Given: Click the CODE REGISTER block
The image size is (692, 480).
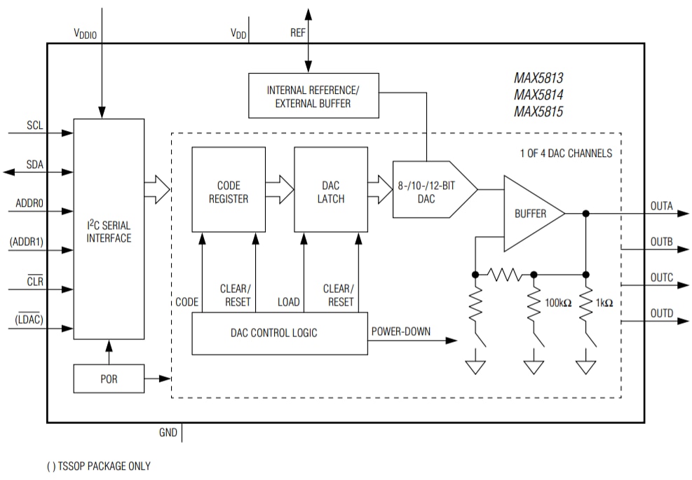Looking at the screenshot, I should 229,190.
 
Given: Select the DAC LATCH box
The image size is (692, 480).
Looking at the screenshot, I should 331,190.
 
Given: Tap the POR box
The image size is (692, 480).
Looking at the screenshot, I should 109,379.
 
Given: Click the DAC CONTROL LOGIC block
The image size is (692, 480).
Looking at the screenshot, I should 278,333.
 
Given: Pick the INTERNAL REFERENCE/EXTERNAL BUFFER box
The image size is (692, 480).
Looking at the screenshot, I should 313,96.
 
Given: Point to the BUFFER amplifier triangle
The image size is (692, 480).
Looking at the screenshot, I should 529,214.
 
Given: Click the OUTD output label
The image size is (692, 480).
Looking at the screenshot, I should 661,313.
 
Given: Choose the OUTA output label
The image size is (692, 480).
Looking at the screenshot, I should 661,206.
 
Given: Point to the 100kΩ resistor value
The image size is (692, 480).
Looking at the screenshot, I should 558,303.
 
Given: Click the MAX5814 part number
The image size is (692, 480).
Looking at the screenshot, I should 538,95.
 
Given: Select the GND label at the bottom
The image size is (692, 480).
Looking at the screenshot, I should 168,432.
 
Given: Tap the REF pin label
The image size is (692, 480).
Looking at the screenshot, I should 298,33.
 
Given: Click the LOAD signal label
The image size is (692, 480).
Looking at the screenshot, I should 288,302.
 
